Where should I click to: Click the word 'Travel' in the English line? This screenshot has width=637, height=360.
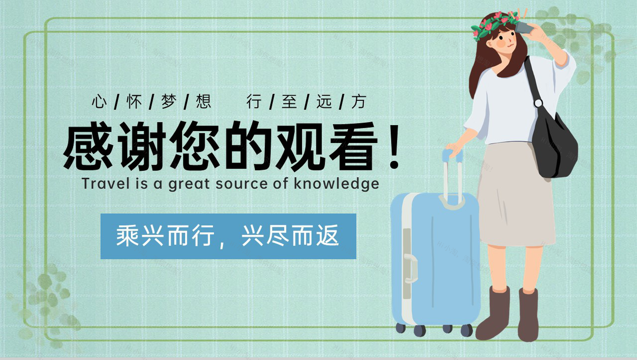(106, 184)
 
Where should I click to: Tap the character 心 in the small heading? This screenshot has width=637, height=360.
(99, 101)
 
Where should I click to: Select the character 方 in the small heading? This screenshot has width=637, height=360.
(358, 101)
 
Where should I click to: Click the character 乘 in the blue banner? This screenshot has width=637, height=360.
(127, 236)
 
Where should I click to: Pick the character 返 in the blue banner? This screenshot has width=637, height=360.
(327, 236)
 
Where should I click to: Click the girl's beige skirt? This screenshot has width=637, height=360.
(516, 196)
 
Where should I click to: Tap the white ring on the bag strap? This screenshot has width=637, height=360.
(538, 103)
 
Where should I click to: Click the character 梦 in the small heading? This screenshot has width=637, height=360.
(169, 101)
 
